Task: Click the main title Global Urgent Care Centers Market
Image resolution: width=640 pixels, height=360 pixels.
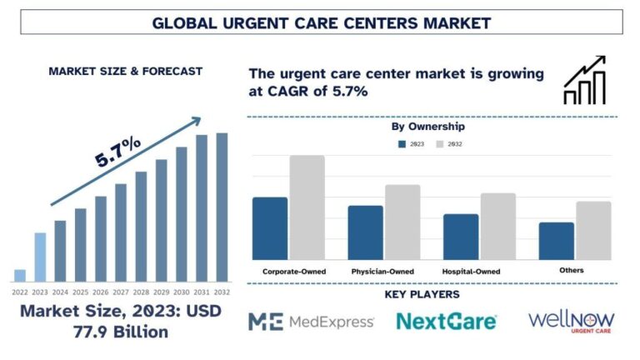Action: tap(321, 22)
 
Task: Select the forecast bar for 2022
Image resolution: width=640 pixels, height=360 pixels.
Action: tap(20, 275)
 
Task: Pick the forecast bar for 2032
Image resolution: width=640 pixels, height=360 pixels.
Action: tap(222, 207)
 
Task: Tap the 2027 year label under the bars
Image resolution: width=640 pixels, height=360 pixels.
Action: tap(121, 292)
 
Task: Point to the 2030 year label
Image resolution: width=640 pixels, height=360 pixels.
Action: tap(182, 292)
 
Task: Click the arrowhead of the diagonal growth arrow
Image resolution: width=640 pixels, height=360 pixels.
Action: tap(195, 122)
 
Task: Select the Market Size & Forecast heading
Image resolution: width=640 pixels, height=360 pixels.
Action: tap(125, 71)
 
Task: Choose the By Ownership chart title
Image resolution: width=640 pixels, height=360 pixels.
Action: tap(427, 127)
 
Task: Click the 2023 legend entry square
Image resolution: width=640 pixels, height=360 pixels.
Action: tap(403, 144)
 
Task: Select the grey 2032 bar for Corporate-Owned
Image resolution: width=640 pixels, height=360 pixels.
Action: tap(307, 207)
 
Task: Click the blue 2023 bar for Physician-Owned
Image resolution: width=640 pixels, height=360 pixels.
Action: tap(365, 232)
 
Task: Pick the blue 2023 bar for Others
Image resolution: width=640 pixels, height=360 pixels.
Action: tap(556, 241)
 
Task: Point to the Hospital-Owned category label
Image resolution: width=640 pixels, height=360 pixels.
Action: tap(472, 271)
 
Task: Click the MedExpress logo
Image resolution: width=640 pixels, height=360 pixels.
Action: tap(311, 322)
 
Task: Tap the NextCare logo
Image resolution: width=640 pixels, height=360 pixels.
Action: tap(446, 322)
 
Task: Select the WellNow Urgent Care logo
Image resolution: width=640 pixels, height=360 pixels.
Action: tap(572, 322)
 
